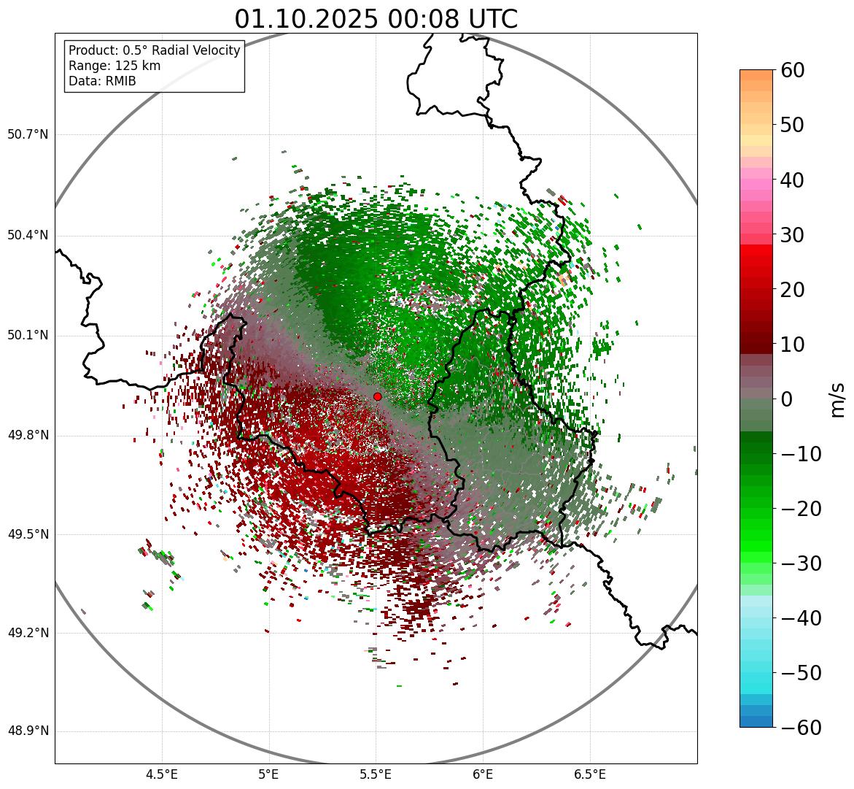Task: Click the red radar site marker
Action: click(x=377, y=396)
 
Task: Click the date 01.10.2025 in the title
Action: click(x=306, y=19)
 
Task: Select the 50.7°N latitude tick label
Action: click(x=28, y=134)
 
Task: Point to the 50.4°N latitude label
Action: click(x=28, y=235)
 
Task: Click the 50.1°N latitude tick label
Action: click(x=28, y=336)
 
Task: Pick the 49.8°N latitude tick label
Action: click(x=28, y=436)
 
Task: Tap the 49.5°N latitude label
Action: click(x=28, y=534)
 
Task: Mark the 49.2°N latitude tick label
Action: click(x=28, y=633)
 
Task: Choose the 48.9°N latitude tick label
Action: click(x=28, y=731)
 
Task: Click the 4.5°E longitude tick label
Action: click(x=162, y=774)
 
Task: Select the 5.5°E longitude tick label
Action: click(x=376, y=774)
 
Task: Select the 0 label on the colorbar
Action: click(x=787, y=399)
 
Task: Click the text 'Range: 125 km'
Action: click(x=114, y=66)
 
